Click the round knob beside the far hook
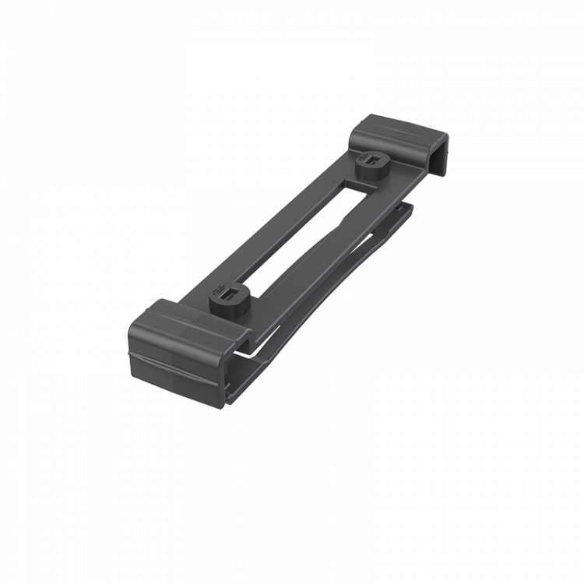pyautogui.click(x=371, y=166)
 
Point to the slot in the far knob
pyautogui.click(x=376, y=161)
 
